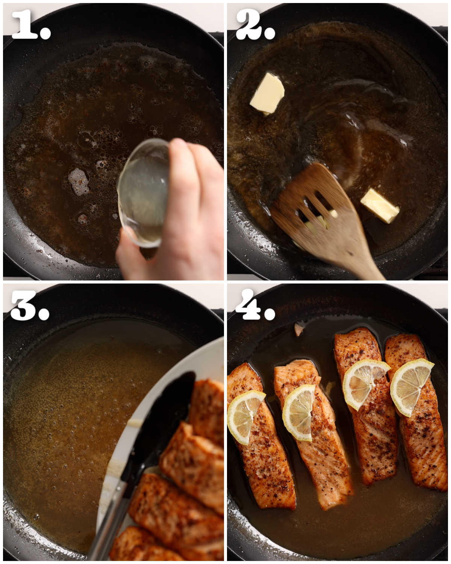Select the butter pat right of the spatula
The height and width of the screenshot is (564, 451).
[x=380, y=205]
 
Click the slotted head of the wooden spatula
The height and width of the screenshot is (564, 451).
[x=316, y=211]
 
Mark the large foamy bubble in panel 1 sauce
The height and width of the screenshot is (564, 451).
[x=78, y=181]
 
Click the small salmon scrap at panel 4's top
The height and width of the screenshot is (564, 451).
[x=299, y=329]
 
